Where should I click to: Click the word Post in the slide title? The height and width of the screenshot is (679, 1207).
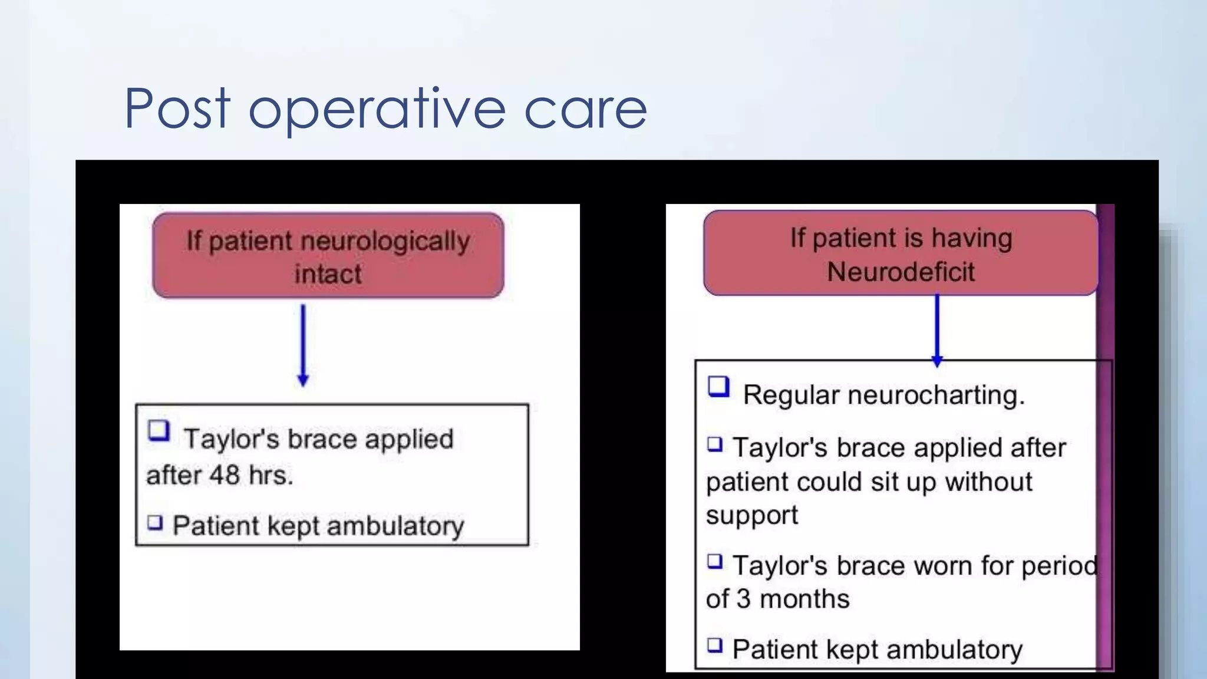coord(177,108)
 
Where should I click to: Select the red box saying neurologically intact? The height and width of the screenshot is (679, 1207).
coord(328,256)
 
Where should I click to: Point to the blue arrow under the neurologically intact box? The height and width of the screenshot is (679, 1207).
coord(303,345)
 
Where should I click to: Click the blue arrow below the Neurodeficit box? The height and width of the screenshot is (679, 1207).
coord(936,330)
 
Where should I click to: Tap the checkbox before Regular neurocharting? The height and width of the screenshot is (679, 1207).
coord(718,387)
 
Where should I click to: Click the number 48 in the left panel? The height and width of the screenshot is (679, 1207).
coord(224,475)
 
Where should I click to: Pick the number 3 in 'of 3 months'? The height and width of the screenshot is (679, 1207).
coord(743,599)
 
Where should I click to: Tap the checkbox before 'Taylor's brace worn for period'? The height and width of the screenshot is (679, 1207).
coord(715,561)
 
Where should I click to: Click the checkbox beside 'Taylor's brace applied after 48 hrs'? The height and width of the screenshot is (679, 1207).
coord(159,431)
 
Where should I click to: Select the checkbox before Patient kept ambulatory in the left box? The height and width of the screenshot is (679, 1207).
coord(155,522)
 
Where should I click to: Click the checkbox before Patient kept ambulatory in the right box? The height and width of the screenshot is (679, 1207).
coord(715,645)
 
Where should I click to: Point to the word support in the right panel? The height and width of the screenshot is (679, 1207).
coord(751,516)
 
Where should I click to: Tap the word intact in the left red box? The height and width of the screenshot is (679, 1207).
coord(328,274)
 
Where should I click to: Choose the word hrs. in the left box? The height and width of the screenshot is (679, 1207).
coord(271,475)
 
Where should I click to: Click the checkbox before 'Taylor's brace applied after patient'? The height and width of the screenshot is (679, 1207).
coord(715,443)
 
